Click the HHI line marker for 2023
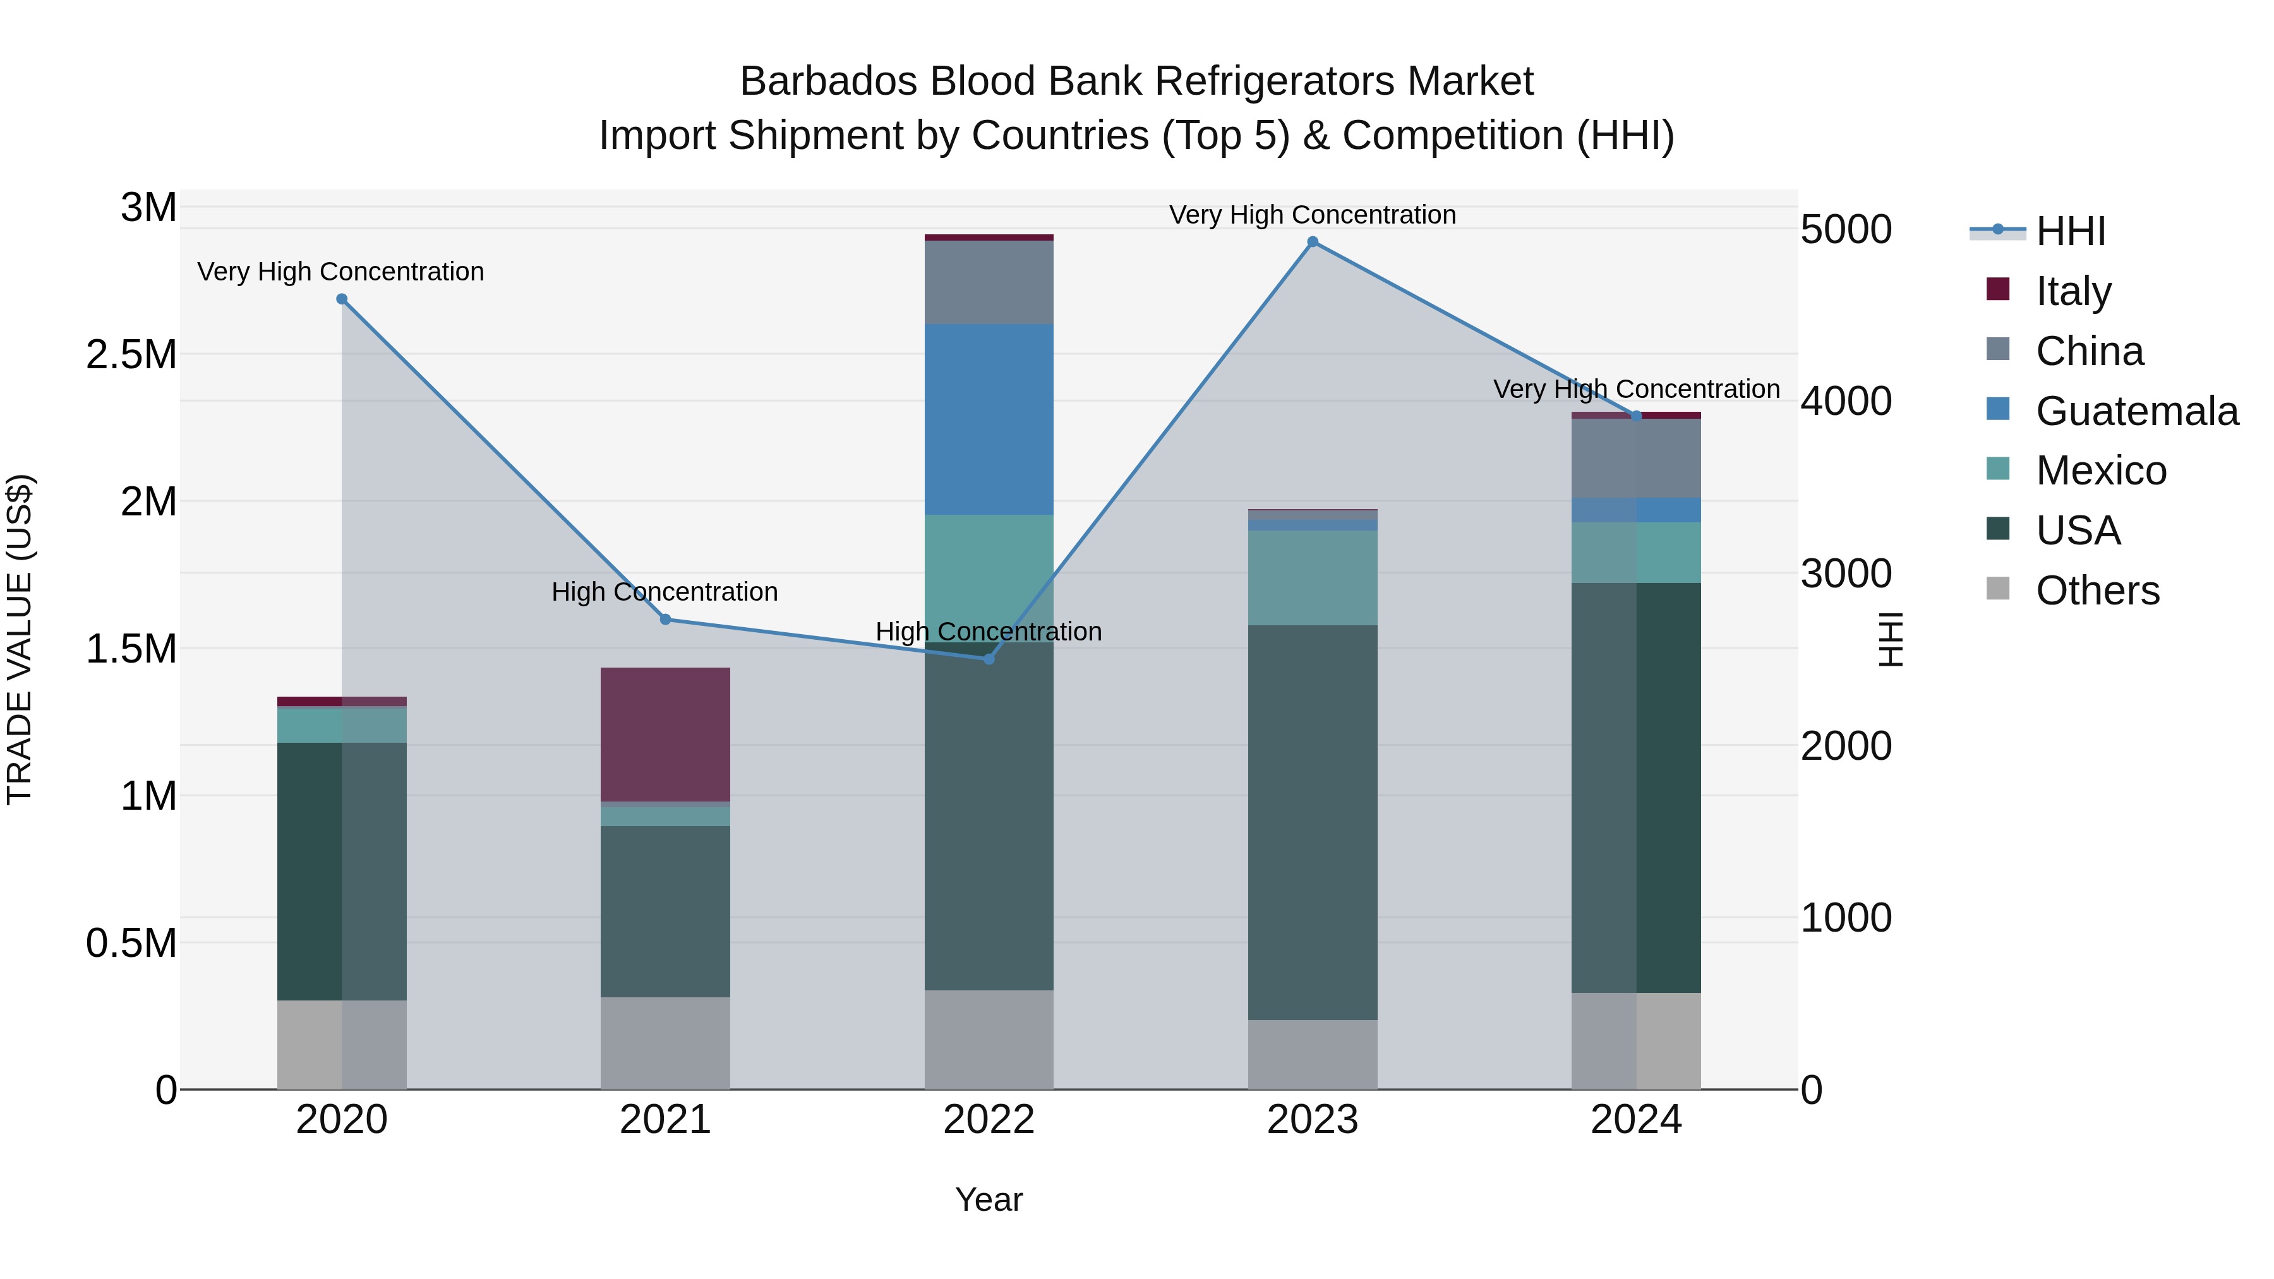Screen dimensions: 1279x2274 [1312, 242]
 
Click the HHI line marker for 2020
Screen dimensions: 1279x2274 [342, 299]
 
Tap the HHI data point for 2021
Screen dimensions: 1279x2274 [666, 620]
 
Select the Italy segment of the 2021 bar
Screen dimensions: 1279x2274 [666, 735]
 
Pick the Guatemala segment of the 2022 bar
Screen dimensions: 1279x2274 [989, 419]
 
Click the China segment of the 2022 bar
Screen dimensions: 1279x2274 [989, 282]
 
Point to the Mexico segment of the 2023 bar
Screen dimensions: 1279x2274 [1312, 578]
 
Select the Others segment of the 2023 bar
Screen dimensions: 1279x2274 [1312, 1054]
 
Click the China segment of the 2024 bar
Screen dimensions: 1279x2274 [1636, 459]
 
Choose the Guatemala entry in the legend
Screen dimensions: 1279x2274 [2136, 411]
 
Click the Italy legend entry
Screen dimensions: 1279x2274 [2072, 291]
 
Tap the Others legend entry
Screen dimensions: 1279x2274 [2097, 591]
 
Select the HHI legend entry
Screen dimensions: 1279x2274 [2070, 231]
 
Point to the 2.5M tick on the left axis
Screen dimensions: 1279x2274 [131, 355]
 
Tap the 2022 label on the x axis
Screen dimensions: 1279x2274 [989, 1120]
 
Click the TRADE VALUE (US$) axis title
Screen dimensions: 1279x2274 [20, 639]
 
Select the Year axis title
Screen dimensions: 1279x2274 [989, 1199]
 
